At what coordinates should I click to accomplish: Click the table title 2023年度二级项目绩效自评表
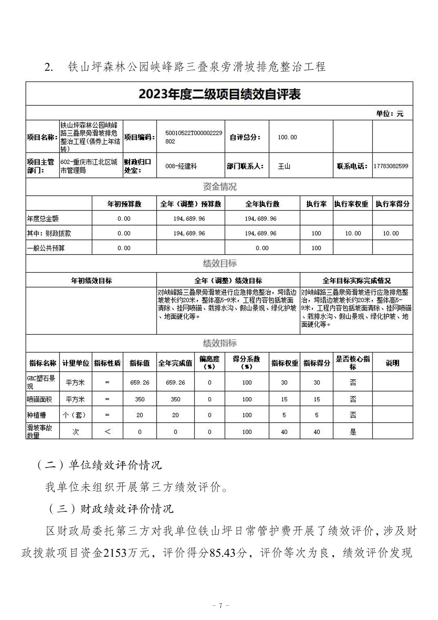[x=219, y=95]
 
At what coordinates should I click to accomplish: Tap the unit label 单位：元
[x=389, y=114]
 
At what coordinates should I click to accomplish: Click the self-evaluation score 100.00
[x=287, y=137]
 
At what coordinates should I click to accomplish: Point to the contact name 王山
[x=284, y=166]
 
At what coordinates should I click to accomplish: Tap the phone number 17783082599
[x=391, y=166]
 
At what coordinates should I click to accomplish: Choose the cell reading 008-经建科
[x=181, y=166]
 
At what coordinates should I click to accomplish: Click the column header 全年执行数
[x=262, y=204]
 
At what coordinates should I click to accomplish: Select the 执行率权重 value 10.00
[x=353, y=233]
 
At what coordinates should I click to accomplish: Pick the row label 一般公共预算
[x=46, y=248]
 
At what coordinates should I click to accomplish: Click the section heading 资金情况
[x=219, y=187]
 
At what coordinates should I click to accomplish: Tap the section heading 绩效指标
[x=219, y=343]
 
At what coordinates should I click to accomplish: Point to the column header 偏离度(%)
[x=209, y=363]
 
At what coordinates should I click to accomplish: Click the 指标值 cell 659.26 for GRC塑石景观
[x=139, y=383]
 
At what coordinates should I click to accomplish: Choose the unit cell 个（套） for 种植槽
[x=75, y=415]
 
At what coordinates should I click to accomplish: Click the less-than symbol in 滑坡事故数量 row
[x=107, y=432]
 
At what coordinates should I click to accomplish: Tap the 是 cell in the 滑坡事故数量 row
[x=353, y=432]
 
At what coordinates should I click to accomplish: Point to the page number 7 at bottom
[x=219, y=605]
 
